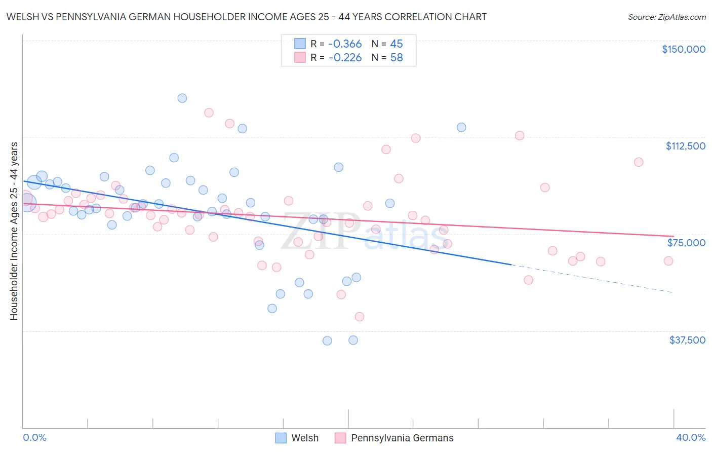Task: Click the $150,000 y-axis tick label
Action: click(x=683, y=49)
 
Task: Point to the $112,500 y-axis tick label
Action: click(x=685, y=146)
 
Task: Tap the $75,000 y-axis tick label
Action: click(x=686, y=243)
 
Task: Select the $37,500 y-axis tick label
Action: click(x=687, y=340)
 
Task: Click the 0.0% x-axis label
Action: click(x=35, y=437)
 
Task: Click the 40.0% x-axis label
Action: click(x=690, y=437)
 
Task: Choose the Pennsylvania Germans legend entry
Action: click(x=394, y=438)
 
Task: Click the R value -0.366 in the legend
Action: click(x=345, y=44)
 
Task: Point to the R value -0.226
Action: click(x=345, y=58)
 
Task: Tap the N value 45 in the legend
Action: click(x=397, y=44)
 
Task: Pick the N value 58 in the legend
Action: click(x=397, y=58)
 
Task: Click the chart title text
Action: click(x=247, y=17)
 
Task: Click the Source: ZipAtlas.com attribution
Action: click(x=666, y=17)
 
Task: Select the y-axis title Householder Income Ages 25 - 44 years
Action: click(x=14, y=231)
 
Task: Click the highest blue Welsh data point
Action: click(x=182, y=98)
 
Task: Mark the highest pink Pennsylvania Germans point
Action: click(x=209, y=113)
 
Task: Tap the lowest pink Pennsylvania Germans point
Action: click(x=360, y=317)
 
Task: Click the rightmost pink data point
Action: click(x=668, y=261)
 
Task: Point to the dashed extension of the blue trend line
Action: click(x=592, y=278)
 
